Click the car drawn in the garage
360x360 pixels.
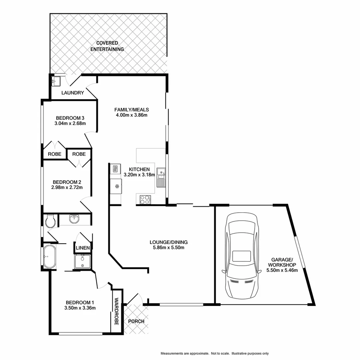point(242,256)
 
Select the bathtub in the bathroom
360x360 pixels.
point(49,257)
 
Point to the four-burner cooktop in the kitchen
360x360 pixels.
point(144,199)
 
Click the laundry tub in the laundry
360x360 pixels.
point(56,81)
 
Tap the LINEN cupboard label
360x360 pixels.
point(83,248)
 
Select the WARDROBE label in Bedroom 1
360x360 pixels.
point(117,312)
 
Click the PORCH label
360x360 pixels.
point(136,321)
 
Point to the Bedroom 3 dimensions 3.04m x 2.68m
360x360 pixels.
point(70,124)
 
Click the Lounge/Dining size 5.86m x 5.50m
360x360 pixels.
point(169,248)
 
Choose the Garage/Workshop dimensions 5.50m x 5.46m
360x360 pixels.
point(282,270)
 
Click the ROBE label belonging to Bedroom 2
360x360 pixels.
point(79,154)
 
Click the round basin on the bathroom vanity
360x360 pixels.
point(74,219)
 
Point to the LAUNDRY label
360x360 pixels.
point(73,93)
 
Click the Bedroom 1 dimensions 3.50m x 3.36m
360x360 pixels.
point(80,308)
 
